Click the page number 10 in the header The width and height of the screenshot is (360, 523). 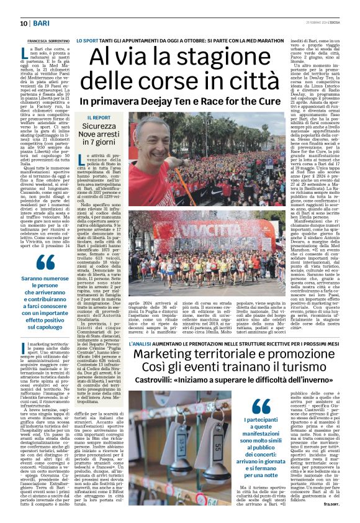(x=24, y=23)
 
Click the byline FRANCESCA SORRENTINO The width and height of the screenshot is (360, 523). (x=45, y=41)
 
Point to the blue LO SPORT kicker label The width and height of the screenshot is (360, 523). (x=86, y=40)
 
